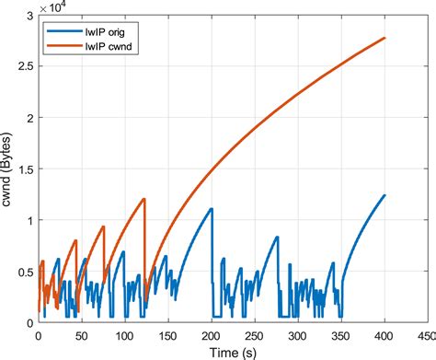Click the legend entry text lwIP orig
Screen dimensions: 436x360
tap(105, 32)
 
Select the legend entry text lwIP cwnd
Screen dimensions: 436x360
tap(109, 46)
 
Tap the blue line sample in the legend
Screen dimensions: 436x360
tap(64, 31)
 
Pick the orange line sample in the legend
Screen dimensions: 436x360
tap(64, 46)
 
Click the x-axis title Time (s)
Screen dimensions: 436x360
tap(233, 353)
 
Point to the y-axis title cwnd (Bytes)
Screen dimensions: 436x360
tap(6, 169)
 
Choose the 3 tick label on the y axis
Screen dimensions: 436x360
tap(30, 16)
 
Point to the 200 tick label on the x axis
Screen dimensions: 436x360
tap(212, 336)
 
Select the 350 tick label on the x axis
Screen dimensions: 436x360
tap(341, 336)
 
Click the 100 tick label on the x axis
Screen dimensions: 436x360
tap(125, 336)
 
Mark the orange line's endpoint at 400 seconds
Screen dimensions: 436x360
tap(384, 38)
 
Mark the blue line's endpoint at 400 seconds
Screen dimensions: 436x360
tap(384, 195)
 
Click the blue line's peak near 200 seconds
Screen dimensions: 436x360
tap(212, 209)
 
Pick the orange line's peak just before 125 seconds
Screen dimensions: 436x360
tap(144, 199)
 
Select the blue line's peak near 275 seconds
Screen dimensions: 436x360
tap(277, 237)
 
